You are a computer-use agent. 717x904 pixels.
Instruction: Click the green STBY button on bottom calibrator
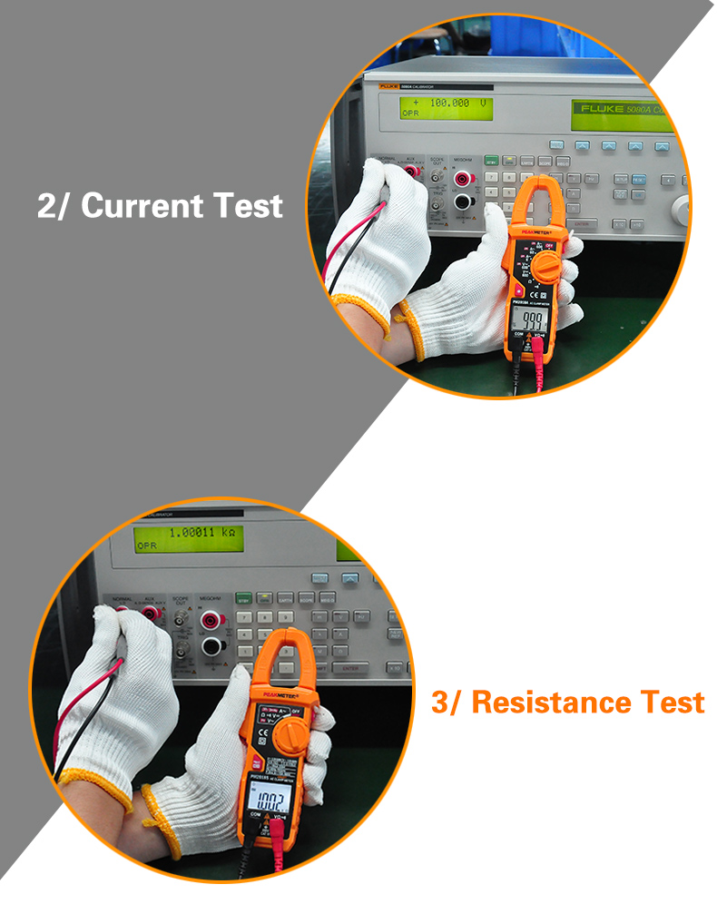coord(243,598)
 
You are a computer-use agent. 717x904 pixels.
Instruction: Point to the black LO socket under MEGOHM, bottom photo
coord(212,645)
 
